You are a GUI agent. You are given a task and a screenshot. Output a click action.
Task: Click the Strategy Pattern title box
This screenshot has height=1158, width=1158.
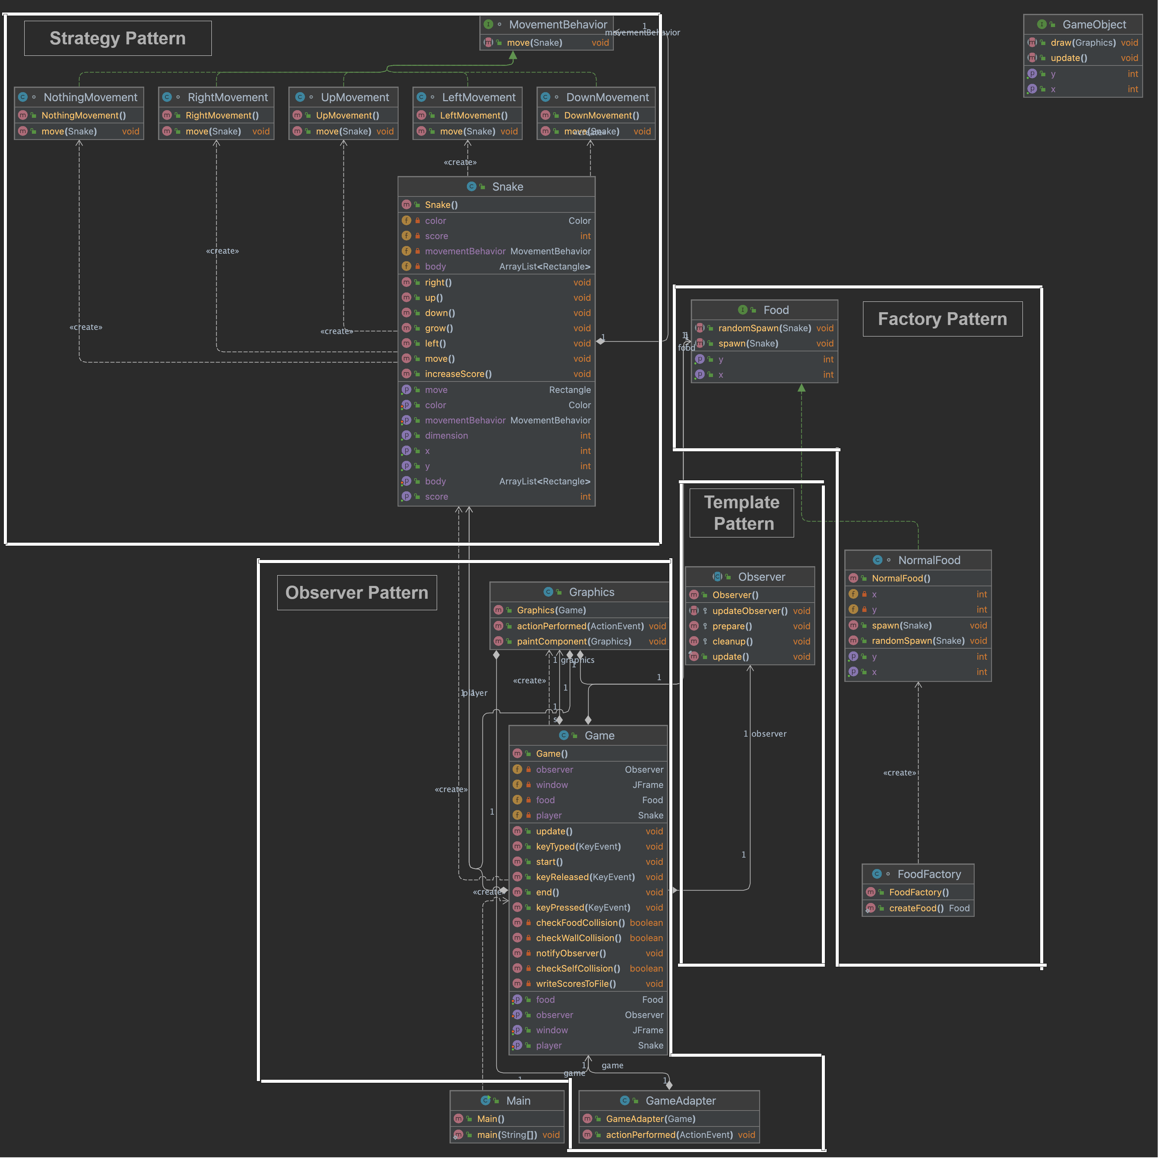(117, 38)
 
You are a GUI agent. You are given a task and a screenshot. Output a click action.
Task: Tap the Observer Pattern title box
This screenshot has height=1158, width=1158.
(357, 593)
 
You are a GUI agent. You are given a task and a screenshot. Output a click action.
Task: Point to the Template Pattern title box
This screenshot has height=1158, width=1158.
(742, 513)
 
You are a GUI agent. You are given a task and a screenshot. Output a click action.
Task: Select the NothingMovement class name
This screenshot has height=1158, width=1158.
(90, 97)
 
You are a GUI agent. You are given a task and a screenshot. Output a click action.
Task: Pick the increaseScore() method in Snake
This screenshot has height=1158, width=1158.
(458, 374)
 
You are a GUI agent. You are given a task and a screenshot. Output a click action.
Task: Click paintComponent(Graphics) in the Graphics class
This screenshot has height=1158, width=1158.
(574, 641)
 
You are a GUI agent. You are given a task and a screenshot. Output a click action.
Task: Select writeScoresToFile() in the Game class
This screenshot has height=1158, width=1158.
(576, 984)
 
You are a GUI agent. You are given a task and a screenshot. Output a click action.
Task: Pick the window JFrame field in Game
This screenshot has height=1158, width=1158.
(552, 784)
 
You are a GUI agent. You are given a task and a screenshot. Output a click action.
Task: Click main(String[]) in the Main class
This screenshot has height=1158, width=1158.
(507, 1135)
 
